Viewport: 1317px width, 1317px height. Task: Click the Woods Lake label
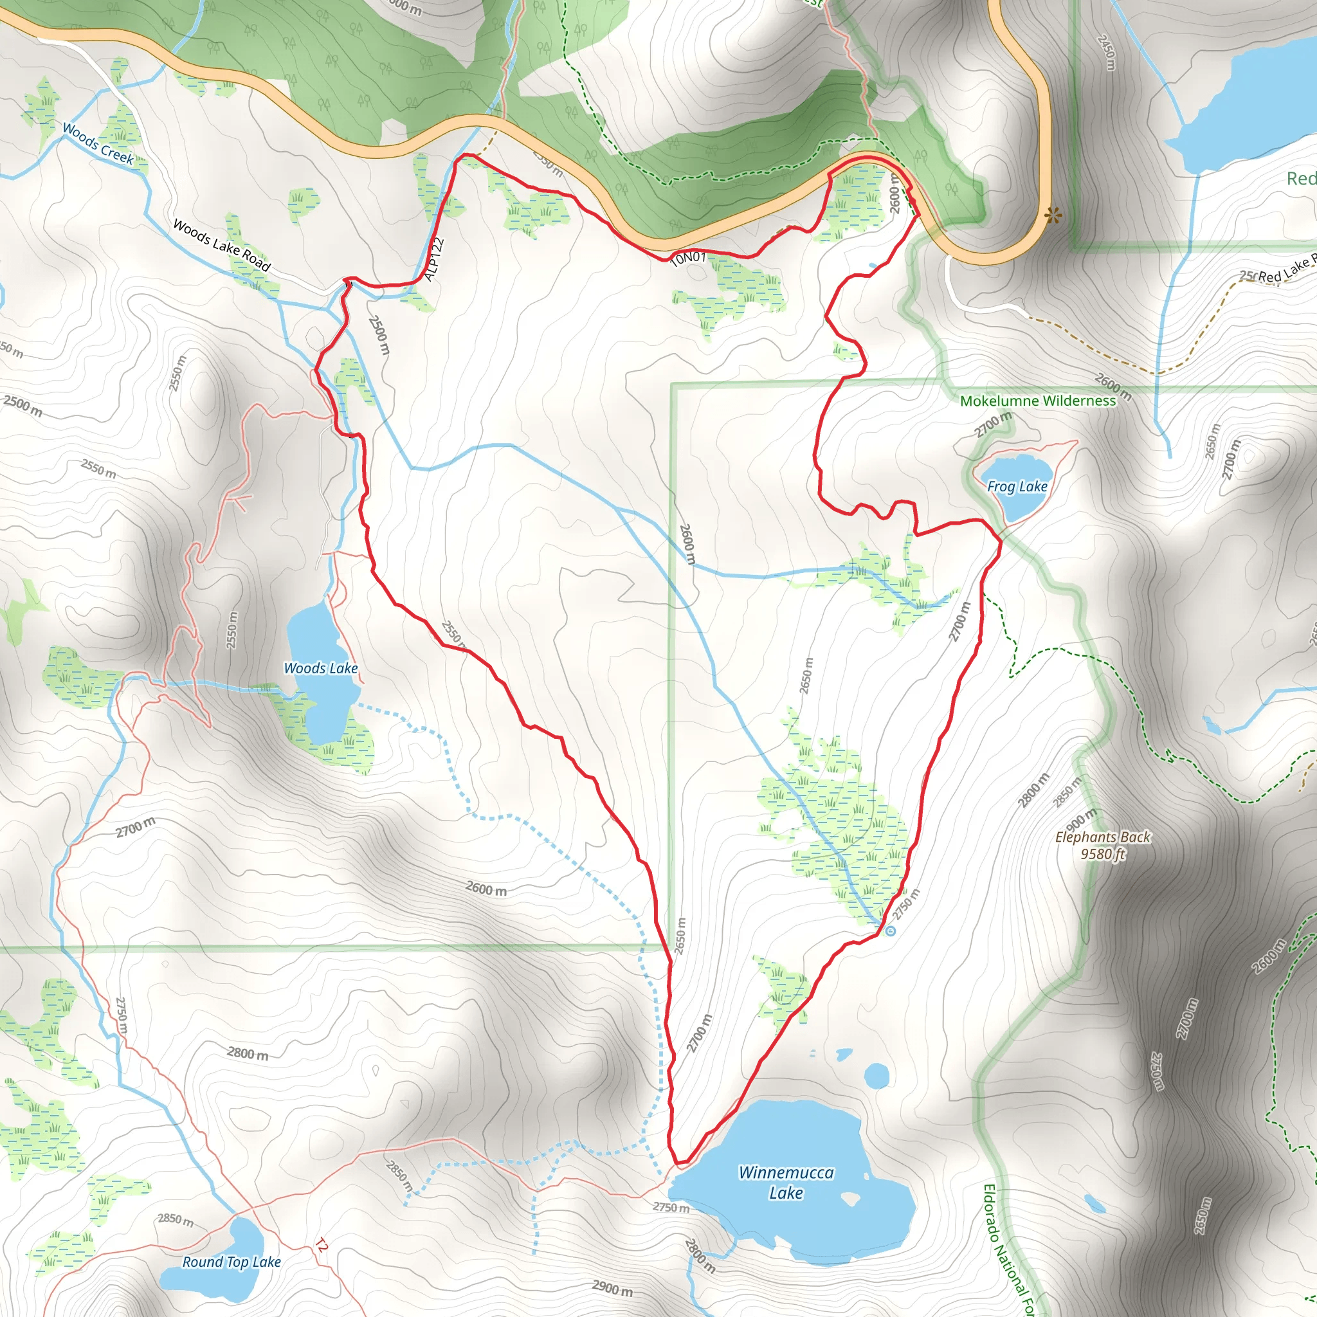tap(320, 668)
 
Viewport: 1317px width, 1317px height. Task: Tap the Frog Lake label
tap(1017, 486)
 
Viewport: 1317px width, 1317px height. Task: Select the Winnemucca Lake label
tap(786, 1183)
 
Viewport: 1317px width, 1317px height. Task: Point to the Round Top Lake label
tap(231, 1262)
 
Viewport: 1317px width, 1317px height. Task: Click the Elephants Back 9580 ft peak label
tap(1102, 845)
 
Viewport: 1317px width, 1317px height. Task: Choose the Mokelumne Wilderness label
tap(1037, 401)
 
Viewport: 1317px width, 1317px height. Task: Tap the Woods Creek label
tap(98, 143)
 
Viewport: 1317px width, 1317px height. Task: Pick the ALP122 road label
tap(433, 259)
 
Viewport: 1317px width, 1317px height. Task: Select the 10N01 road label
tap(688, 259)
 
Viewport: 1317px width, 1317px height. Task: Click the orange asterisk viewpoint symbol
tap(1053, 217)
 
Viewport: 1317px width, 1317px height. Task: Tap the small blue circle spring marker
tap(890, 931)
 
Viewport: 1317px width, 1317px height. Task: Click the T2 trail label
tap(322, 1247)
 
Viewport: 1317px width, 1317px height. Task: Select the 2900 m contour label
tap(612, 1287)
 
